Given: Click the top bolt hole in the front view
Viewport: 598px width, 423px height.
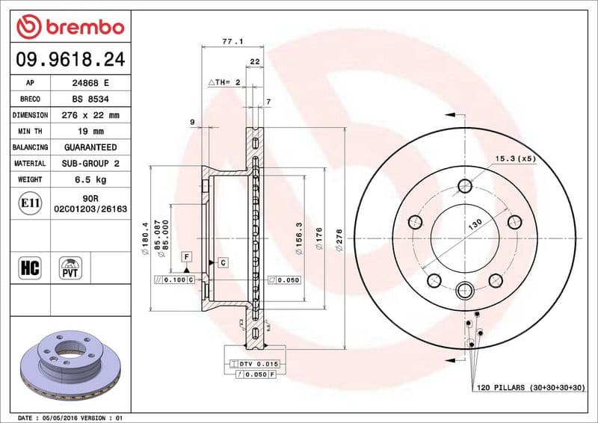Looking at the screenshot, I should coord(464,186).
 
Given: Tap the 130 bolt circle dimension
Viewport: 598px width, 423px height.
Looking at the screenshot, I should coord(475,223).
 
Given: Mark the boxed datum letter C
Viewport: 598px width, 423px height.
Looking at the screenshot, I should coord(223,262).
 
